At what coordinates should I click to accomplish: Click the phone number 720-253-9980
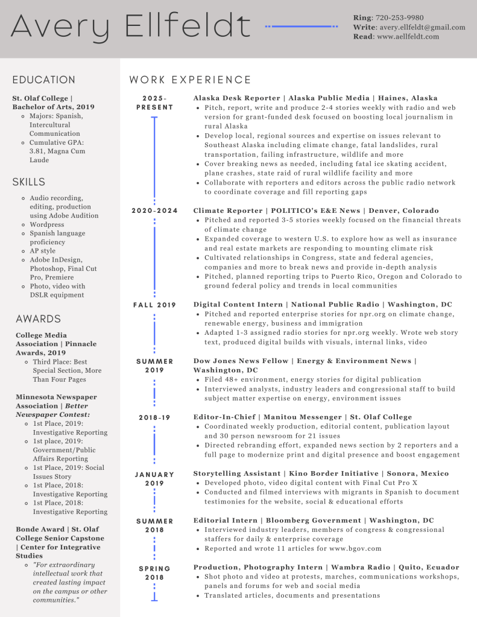coord(399,17)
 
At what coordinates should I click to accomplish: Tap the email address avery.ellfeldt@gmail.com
coord(422,27)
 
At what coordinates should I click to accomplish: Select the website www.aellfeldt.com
coord(408,37)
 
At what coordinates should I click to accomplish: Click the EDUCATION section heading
coord(44,80)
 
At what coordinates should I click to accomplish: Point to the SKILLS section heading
coord(29,182)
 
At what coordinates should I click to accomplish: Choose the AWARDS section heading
coord(39,318)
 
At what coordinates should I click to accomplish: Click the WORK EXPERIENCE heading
coord(191,80)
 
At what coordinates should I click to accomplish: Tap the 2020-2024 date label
coord(154,210)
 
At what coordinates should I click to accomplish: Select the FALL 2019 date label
coord(154,305)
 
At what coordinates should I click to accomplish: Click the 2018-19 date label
coord(154,417)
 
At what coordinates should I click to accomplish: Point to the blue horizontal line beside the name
coord(302,27)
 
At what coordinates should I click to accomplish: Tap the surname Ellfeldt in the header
coord(188,27)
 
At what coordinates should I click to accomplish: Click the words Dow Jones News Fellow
coord(241,361)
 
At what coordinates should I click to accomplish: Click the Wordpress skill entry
coord(47,224)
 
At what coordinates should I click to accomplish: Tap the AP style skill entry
coord(42,251)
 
